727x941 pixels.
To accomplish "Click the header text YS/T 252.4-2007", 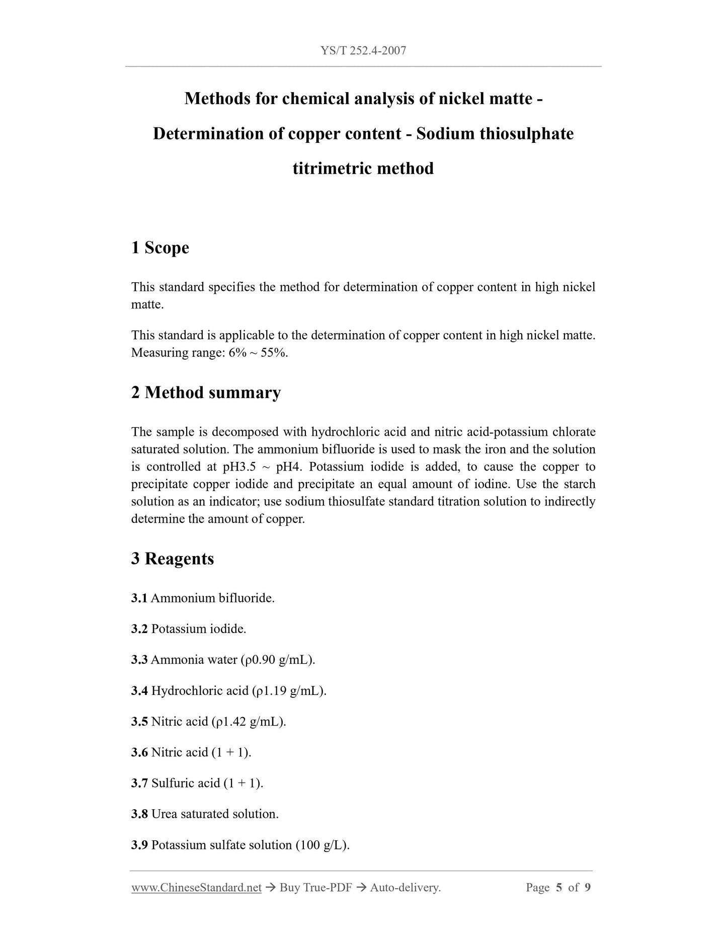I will (363, 50).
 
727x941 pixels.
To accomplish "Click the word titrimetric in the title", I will (333, 168).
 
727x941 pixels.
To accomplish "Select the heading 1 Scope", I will (160, 248).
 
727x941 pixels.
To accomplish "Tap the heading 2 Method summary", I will (206, 393).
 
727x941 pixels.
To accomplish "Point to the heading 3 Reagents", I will (173, 559).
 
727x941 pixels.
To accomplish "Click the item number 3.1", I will (139, 598).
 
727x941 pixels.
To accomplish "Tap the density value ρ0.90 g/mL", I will (278, 660).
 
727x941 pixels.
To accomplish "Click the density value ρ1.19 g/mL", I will (289, 691).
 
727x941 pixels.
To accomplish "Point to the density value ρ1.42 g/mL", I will (248, 722).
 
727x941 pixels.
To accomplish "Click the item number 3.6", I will (139, 752).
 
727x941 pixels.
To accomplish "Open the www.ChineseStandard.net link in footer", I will (196, 888).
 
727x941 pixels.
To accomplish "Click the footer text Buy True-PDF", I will (315, 888).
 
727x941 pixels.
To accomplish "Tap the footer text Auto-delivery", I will (405, 888).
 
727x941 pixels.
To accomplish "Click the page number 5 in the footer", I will (559, 888).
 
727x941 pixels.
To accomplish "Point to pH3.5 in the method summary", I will (239, 466).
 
